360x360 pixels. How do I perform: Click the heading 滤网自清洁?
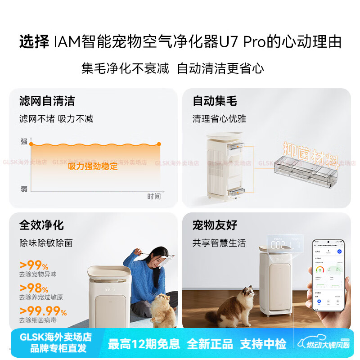pyautogui.click(x=47, y=101)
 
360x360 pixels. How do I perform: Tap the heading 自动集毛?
pyautogui.click(x=215, y=101)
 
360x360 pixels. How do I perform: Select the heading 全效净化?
pyautogui.click(x=41, y=225)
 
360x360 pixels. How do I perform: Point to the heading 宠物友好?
pyautogui.click(x=215, y=225)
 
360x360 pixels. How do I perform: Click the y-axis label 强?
pyautogui.click(x=24, y=141)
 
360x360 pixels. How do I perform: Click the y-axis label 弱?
pyautogui.click(x=24, y=189)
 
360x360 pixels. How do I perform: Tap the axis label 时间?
pyautogui.click(x=153, y=196)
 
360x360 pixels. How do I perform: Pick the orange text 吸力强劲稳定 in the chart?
pyautogui.click(x=93, y=166)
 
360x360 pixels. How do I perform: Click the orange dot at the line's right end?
pyautogui.click(x=158, y=144)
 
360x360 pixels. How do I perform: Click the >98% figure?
pyautogui.click(x=34, y=288)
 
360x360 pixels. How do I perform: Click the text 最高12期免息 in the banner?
pyautogui.click(x=144, y=344)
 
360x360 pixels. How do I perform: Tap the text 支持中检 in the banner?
pyautogui.click(x=263, y=344)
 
